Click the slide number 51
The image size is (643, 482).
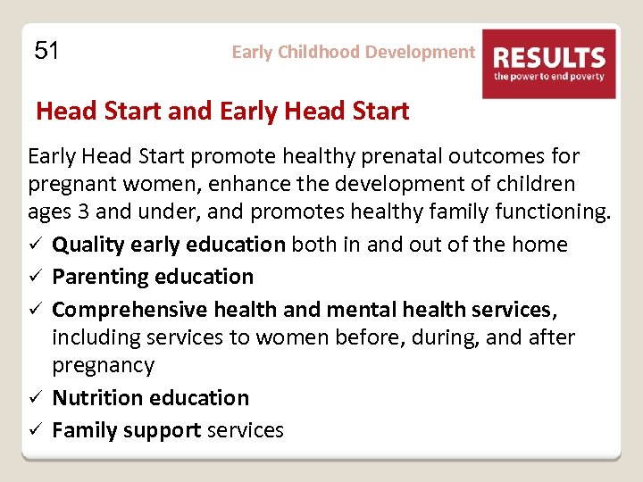pos(46,51)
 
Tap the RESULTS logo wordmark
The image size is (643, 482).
pos(549,59)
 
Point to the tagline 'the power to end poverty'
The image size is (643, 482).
pos(549,78)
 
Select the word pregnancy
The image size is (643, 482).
pos(103,366)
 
